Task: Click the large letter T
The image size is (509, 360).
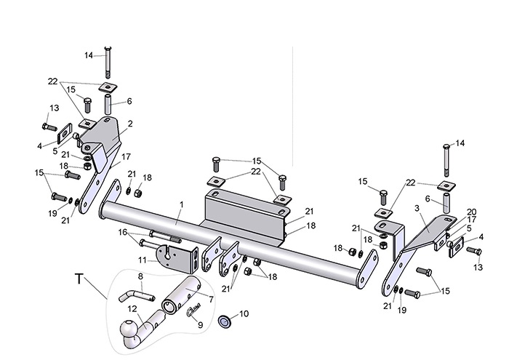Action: click(79, 279)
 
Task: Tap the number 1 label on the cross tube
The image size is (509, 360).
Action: click(182, 204)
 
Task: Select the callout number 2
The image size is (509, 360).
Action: click(130, 124)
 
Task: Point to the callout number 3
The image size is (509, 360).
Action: click(417, 208)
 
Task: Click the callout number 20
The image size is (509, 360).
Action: click(471, 212)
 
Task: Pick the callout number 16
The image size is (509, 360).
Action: click(123, 232)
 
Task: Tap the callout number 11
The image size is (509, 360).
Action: click(143, 260)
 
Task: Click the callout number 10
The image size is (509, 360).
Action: click(244, 313)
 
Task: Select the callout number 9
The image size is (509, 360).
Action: click(200, 324)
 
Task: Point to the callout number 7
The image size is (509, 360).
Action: click(211, 300)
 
